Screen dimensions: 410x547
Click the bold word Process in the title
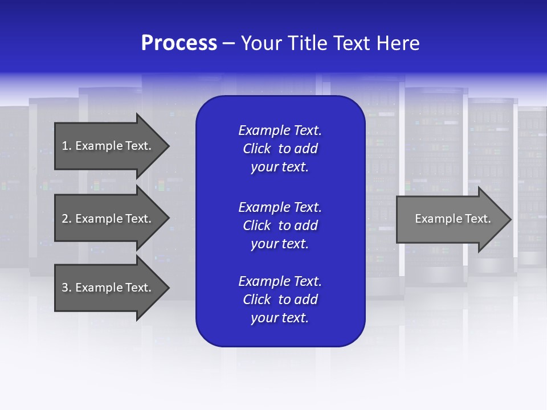[x=179, y=43]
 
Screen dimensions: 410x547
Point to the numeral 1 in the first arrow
[x=65, y=146]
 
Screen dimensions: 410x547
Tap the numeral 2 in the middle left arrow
[x=65, y=219]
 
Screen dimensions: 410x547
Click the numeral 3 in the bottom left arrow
[x=65, y=288]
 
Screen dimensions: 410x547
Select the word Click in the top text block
[x=257, y=149]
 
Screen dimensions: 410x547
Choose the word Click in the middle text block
[x=257, y=225]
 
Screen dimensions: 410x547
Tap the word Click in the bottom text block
[x=257, y=300]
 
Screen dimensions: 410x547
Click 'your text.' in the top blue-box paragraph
[x=280, y=167]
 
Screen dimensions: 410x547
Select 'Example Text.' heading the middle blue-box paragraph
[x=280, y=207]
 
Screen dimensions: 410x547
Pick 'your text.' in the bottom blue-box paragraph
[x=280, y=318]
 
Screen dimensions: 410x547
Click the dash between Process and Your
[x=228, y=44]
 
